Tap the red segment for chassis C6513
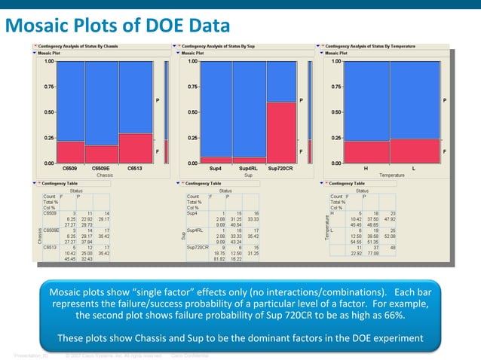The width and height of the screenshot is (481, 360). coord(136,148)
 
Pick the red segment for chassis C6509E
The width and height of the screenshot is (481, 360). coord(102,154)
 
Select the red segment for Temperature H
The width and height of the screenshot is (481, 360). coord(366,151)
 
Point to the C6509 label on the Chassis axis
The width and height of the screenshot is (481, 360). coord(70,168)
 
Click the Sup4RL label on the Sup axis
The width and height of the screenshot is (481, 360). coord(247,168)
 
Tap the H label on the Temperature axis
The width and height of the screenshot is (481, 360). coord(366,168)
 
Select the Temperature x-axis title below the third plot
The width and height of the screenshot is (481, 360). coord(391,174)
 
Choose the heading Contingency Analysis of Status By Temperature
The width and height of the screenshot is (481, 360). coord(367,47)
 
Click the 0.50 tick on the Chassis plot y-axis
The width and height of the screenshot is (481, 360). coord(48,112)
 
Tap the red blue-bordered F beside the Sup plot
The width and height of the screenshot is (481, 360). coord(302,151)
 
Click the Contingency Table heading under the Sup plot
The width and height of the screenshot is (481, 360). coord(204,183)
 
